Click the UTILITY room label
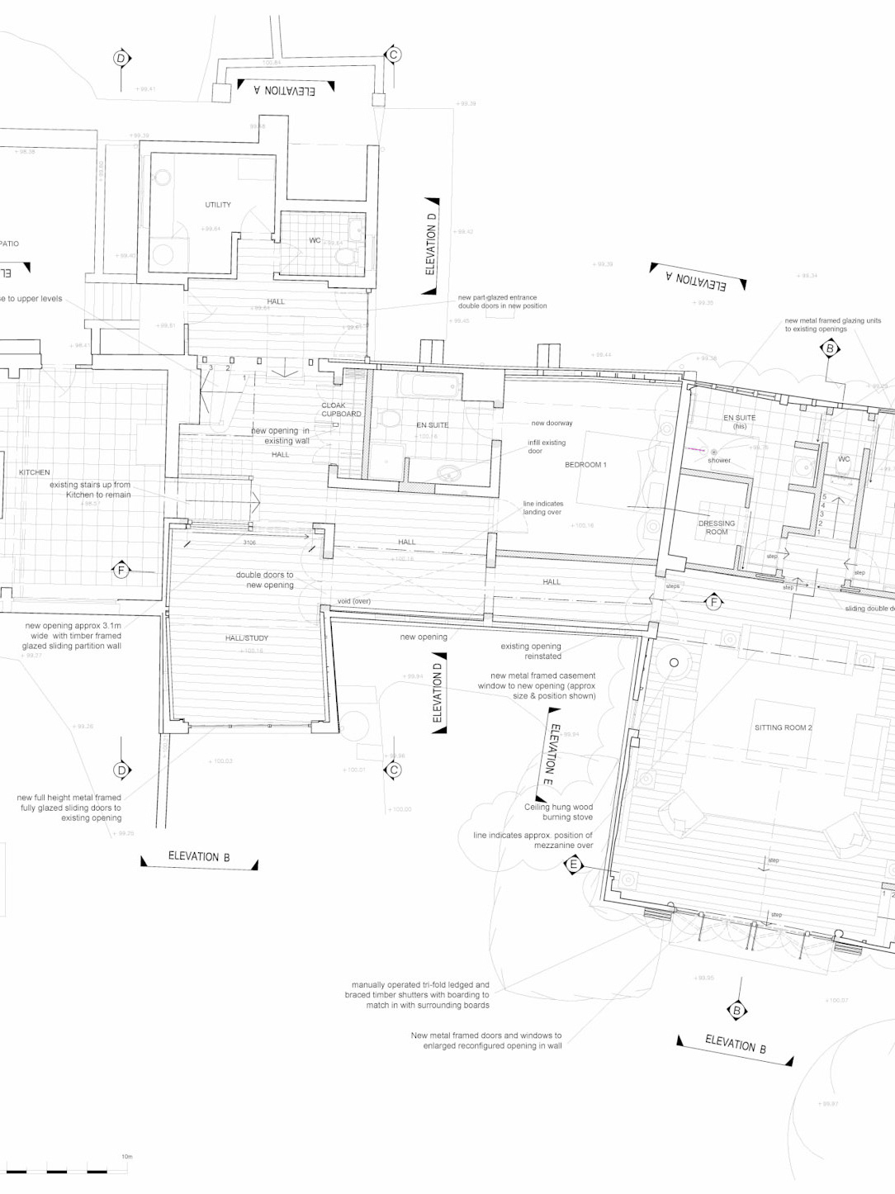coord(218,205)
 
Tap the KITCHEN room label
coord(35,472)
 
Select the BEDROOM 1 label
coord(585,465)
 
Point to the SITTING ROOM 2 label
coord(783,727)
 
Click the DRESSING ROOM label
coord(717,528)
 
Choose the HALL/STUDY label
coord(247,638)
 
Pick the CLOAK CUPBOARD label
coord(341,410)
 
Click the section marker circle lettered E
coord(573,865)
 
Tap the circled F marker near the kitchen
coord(121,570)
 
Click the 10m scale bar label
coord(126,1157)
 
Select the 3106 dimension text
coord(249,543)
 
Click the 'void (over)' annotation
coord(354,601)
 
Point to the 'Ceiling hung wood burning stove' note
coord(559,812)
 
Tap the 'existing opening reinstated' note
coord(531,651)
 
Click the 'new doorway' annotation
coord(552,423)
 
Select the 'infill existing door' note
coord(547,447)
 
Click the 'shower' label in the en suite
coord(719,460)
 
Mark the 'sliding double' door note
coord(869,609)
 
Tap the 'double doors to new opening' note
coord(265,580)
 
